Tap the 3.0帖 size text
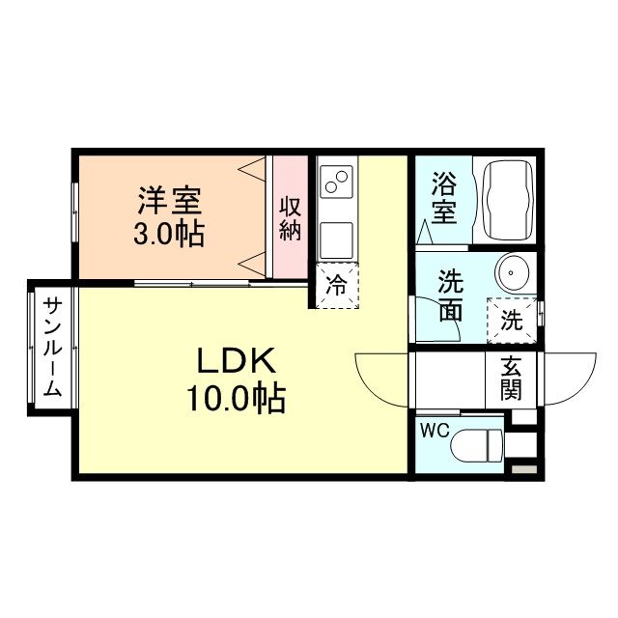tap(169, 234)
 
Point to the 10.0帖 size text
tap(238, 397)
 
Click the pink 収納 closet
tap(290, 217)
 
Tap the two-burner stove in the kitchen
tap(337, 181)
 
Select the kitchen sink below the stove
tap(337, 236)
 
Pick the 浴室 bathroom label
tap(443, 198)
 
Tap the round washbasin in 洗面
tap(512, 272)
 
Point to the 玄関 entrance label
tap(510, 378)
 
